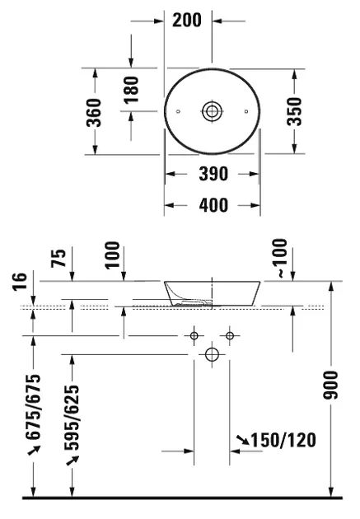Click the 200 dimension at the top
187,21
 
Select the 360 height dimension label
94,113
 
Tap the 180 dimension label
131,90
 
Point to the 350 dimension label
294,111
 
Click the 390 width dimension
213,174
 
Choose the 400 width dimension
213,205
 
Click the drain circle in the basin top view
212,111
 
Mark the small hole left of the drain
178,111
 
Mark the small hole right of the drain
246,111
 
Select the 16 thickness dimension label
20,282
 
